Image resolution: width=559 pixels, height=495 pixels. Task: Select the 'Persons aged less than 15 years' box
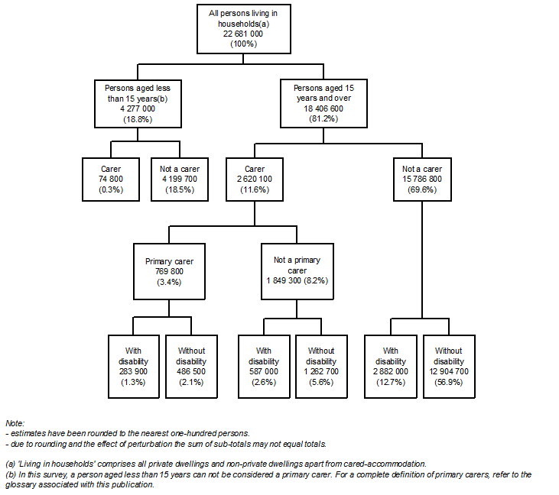click(x=137, y=104)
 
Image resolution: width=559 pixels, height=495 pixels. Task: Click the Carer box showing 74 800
click(x=110, y=180)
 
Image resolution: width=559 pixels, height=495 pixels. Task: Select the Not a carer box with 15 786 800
click(x=424, y=180)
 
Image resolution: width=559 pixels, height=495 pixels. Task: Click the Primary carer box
click(x=168, y=271)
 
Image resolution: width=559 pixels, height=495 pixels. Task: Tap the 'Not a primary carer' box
click(x=298, y=271)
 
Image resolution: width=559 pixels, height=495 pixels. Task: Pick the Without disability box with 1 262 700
click(x=322, y=367)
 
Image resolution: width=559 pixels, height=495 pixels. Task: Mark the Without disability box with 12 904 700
click(x=450, y=367)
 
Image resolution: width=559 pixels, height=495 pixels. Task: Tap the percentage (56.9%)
click(x=450, y=381)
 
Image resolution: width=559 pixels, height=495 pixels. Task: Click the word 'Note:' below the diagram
click(x=15, y=422)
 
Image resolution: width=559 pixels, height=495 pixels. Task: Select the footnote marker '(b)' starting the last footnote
click(x=10, y=475)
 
